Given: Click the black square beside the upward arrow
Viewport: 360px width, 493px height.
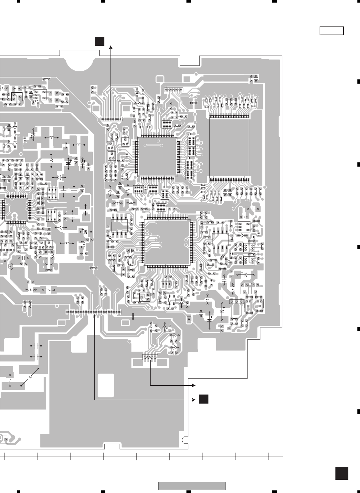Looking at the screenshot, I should pyautogui.click(x=99, y=41).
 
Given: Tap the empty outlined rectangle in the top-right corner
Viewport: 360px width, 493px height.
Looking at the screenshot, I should pyautogui.click(x=331, y=31).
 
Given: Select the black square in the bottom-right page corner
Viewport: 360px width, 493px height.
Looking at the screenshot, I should pyautogui.click(x=342, y=473).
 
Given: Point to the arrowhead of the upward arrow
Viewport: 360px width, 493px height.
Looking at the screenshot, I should pyautogui.click(x=111, y=47).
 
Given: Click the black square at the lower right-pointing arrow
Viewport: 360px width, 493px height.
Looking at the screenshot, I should pyautogui.click(x=203, y=399).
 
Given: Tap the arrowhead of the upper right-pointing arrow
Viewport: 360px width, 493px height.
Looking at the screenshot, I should pyautogui.click(x=194, y=385).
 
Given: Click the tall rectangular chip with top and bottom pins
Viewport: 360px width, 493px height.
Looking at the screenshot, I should pyautogui.click(x=229, y=147).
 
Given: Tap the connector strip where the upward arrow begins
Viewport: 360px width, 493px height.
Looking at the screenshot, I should pyautogui.click(x=111, y=119).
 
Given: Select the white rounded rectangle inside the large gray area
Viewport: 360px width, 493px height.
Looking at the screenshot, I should pyautogui.click(x=106, y=385).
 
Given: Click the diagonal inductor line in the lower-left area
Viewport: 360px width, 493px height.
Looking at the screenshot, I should pyautogui.click(x=30, y=376).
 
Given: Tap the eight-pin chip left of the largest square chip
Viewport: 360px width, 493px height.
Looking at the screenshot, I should pyautogui.click(x=120, y=226).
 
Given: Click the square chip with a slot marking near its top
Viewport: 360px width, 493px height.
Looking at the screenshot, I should pyautogui.click(x=157, y=157).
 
